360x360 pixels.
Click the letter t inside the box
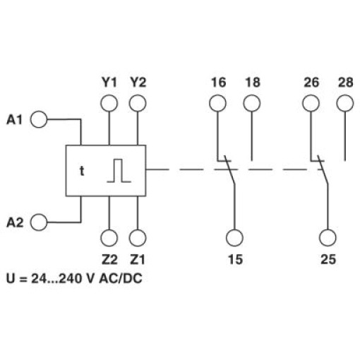click(82, 171)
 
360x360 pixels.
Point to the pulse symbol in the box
click(119, 171)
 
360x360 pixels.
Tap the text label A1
click(14, 120)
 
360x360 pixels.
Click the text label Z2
click(109, 260)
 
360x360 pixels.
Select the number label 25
click(328, 259)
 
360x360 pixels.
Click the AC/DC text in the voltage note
click(121, 279)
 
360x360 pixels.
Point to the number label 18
click(253, 83)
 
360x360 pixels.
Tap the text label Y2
click(138, 83)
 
